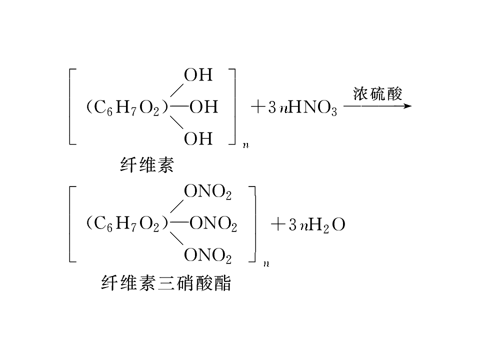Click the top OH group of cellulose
click(198, 75)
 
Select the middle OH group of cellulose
click(203, 107)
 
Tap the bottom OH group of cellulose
click(198, 138)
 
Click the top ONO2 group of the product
click(207, 192)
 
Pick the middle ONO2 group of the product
click(213, 224)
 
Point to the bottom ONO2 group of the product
click(207, 255)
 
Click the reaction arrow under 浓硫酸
click(377, 106)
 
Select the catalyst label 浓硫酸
click(377, 93)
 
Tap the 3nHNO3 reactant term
click(303, 108)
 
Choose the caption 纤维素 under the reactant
click(147, 165)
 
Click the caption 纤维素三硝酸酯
click(166, 282)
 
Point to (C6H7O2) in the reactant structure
click(127, 108)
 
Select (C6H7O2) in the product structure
click(127, 224)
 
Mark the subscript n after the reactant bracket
click(246, 145)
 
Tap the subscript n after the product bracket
click(266, 263)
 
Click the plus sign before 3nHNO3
click(258, 107)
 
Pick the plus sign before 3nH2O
click(278, 224)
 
